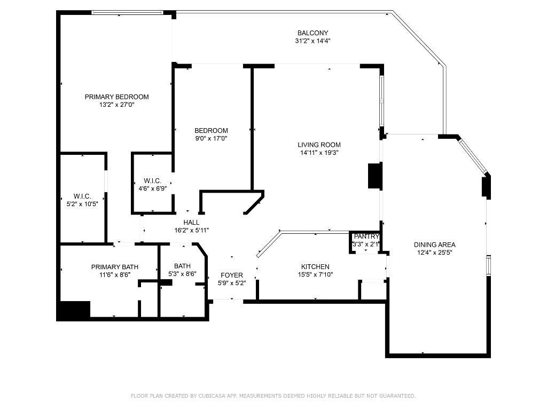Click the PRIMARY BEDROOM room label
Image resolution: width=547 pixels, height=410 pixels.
[116, 97]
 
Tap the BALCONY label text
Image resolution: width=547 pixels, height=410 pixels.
[312, 33]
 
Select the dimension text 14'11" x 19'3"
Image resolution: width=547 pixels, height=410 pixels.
[319, 153]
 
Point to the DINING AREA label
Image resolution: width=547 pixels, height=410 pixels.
[435, 245]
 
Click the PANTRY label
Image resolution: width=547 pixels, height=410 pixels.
[366, 236]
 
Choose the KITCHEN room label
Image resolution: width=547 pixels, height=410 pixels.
[315, 267]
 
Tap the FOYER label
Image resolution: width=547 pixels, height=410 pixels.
[232, 275]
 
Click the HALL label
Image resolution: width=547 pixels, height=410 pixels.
[191, 223]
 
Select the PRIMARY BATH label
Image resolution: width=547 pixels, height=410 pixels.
[115, 267]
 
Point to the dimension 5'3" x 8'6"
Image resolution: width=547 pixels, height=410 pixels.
[182, 274]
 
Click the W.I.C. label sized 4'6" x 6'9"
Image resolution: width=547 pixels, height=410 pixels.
[152, 181]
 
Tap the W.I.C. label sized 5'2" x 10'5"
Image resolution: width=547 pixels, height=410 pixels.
[82, 196]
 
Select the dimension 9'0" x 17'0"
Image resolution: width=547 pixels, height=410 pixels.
[211, 138]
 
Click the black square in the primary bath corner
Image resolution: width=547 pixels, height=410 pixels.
[74, 310]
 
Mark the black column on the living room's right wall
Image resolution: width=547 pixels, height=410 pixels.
[374, 176]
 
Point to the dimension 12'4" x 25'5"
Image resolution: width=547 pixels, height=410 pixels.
[435, 253]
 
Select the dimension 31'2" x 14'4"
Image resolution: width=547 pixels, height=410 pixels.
[312, 41]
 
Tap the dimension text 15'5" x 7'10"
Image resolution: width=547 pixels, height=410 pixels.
[315, 274]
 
